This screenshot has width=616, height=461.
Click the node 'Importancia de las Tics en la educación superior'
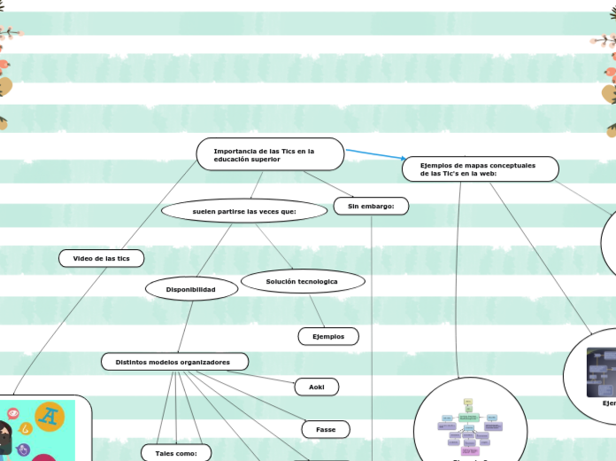(x=270, y=154)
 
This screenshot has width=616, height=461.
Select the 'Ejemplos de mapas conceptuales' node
(x=481, y=168)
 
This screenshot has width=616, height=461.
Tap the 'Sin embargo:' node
(x=371, y=206)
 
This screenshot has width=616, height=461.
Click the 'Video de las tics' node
(x=101, y=258)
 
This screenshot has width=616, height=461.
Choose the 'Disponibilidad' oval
(x=191, y=288)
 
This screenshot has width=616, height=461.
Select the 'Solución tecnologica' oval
(x=302, y=281)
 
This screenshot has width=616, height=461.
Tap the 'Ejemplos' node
(x=328, y=336)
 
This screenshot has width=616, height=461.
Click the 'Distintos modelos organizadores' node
(x=174, y=362)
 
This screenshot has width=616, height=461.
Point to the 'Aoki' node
(x=316, y=387)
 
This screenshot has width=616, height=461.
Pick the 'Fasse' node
(x=326, y=429)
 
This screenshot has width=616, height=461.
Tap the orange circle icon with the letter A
(x=50, y=415)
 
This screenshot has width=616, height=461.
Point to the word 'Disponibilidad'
(x=191, y=288)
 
